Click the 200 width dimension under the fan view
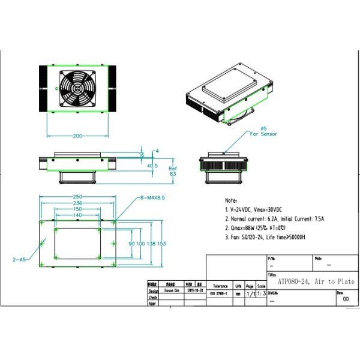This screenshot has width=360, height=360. point(77,136)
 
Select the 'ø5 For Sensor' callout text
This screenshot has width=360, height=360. point(262,131)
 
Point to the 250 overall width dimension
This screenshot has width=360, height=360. point(77,197)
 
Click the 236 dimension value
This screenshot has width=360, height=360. point(77,203)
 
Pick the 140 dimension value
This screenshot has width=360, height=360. point(77,215)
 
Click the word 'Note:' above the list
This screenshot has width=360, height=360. point(231,200)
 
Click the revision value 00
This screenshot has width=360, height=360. point(346,298)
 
